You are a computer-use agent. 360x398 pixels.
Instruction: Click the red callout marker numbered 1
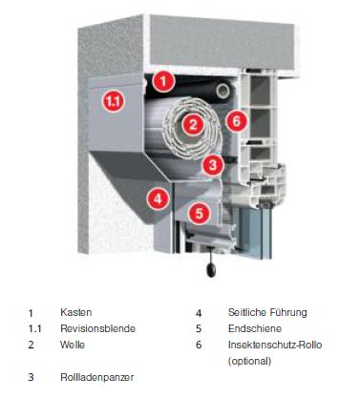(x=163, y=81)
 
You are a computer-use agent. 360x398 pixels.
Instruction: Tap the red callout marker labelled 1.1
(x=114, y=101)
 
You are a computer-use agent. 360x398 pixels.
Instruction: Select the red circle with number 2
(x=193, y=124)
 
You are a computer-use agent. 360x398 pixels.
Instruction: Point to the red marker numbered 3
(x=213, y=164)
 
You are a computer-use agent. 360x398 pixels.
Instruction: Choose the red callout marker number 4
(x=158, y=199)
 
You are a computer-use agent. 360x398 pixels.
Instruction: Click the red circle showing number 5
(x=199, y=213)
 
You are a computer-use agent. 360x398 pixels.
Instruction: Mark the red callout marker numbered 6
(x=236, y=120)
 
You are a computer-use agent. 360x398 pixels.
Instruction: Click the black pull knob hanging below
(x=211, y=271)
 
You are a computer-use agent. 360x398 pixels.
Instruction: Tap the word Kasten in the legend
(x=76, y=312)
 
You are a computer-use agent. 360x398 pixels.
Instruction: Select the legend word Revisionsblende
(x=98, y=328)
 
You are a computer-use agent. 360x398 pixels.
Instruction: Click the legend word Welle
(x=73, y=345)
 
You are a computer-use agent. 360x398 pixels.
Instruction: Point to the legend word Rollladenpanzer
(x=97, y=377)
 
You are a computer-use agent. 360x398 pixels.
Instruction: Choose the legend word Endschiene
(x=255, y=328)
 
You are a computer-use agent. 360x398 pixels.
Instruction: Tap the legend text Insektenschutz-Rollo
(x=275, y=345)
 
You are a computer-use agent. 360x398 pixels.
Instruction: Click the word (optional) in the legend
(x=250, y=361)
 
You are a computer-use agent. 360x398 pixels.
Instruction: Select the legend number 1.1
(x=34, y=328)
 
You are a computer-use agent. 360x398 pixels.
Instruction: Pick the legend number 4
(x=199, y=313)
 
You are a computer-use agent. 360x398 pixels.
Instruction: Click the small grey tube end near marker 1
(x=222, y=91)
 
